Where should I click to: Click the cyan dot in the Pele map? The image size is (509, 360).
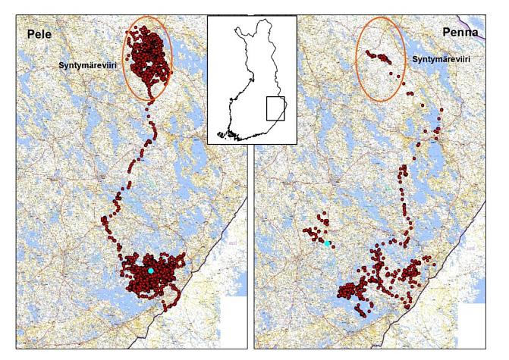pyautogui.click(x=151, y=271)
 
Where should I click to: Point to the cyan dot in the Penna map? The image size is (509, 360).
pyautogui.click(x=328, y=244)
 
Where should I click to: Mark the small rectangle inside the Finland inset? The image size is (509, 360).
pyautogui.click(x=275, y=109)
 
